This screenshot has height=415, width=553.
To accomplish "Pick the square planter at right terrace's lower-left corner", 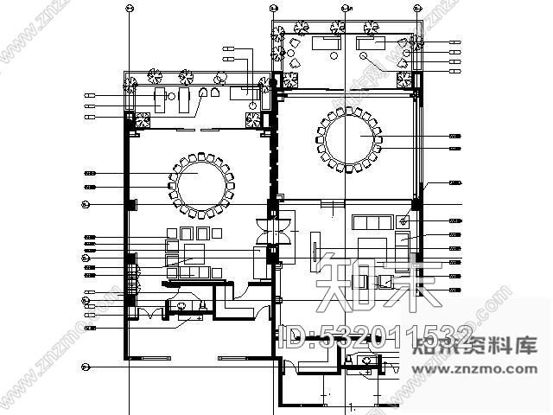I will coord(282,80).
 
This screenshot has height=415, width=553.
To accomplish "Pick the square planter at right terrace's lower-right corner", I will coord(404,80).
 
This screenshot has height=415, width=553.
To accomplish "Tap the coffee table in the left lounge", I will coord(192,253).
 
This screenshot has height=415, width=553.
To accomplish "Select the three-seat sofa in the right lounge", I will coord(369,223).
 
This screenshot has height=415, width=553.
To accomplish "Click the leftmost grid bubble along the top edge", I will coord(128,10).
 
